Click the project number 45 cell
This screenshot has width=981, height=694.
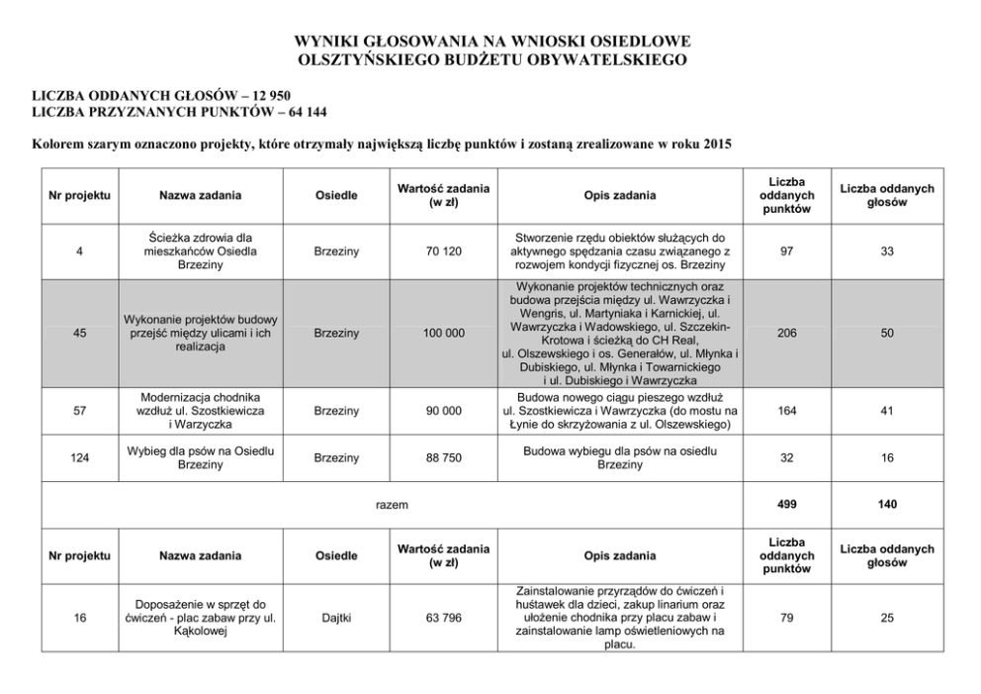(79, 334)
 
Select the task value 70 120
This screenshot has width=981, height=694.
(443, 252)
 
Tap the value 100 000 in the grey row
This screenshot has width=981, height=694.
(443, 334)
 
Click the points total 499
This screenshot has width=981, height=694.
(787, 504)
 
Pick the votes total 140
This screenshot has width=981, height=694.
(887, 504)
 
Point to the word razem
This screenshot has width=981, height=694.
(392, 504)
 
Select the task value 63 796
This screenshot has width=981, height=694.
(443, 618)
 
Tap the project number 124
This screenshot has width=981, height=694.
(79, 458)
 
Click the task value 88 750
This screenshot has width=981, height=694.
(443, 458)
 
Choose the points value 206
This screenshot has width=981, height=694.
(787, 334)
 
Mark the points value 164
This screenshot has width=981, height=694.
(787, 411)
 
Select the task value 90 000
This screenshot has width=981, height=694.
(443, 411)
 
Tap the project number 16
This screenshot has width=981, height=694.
(79, 618)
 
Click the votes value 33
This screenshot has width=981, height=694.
(887, 252)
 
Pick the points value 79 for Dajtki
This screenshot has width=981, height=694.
(787, 618)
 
